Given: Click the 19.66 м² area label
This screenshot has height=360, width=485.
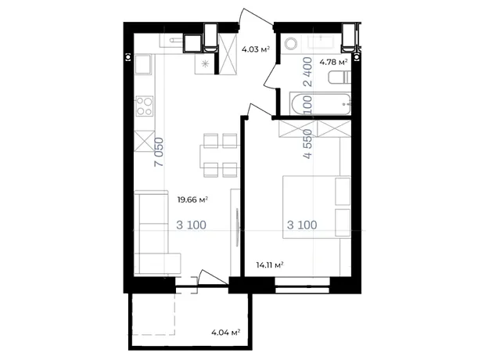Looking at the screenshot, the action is pyautogui.click(x=192, y=200).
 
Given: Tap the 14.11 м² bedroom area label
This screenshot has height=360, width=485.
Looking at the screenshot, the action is pyautogui.click(x=270, y=265).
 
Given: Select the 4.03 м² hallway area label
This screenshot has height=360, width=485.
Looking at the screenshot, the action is pyautogui.click(x=256, y=49).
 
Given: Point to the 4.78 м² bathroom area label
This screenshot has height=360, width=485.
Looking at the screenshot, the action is pyautogui.click(x=333, y=63).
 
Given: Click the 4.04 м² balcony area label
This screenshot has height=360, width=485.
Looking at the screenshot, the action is pyautogui.click(x=226, y=333).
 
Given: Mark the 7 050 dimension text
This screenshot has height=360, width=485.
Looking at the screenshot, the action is pyautogui.click(x=159, y=152).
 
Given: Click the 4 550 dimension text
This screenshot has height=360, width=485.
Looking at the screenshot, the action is pyautogui.click(x=308, y=144).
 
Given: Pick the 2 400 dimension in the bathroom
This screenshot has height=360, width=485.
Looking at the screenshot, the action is pyautogui.click(x=308, y=71).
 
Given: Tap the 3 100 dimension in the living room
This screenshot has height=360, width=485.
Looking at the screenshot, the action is pyautogui.click(x=191, y=225).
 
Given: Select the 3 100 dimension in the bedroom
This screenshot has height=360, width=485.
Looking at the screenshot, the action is pyautogui.click(x=302, y=225).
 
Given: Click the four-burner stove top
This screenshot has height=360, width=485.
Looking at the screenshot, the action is pyautogui.click(x=145, y=106).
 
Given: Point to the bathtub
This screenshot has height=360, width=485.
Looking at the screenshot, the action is pyautogui.click(x=321, y=104).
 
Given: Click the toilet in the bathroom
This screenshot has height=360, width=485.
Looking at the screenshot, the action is pyautogui.click(x=339, y=77).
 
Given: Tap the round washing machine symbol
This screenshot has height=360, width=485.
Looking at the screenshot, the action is pyautogui.click(x=291, y=43).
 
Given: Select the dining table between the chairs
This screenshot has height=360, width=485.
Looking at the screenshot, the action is pyautogui.click(x=220, y=157).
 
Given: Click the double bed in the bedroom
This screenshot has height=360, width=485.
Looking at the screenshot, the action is pyautogui.click(x=317, y=207).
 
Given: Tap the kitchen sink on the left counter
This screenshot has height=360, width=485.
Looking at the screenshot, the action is pyautogui.click(x=143, y=65).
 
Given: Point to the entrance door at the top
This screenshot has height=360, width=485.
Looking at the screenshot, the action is pyautogui.click(x=256, y=17).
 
